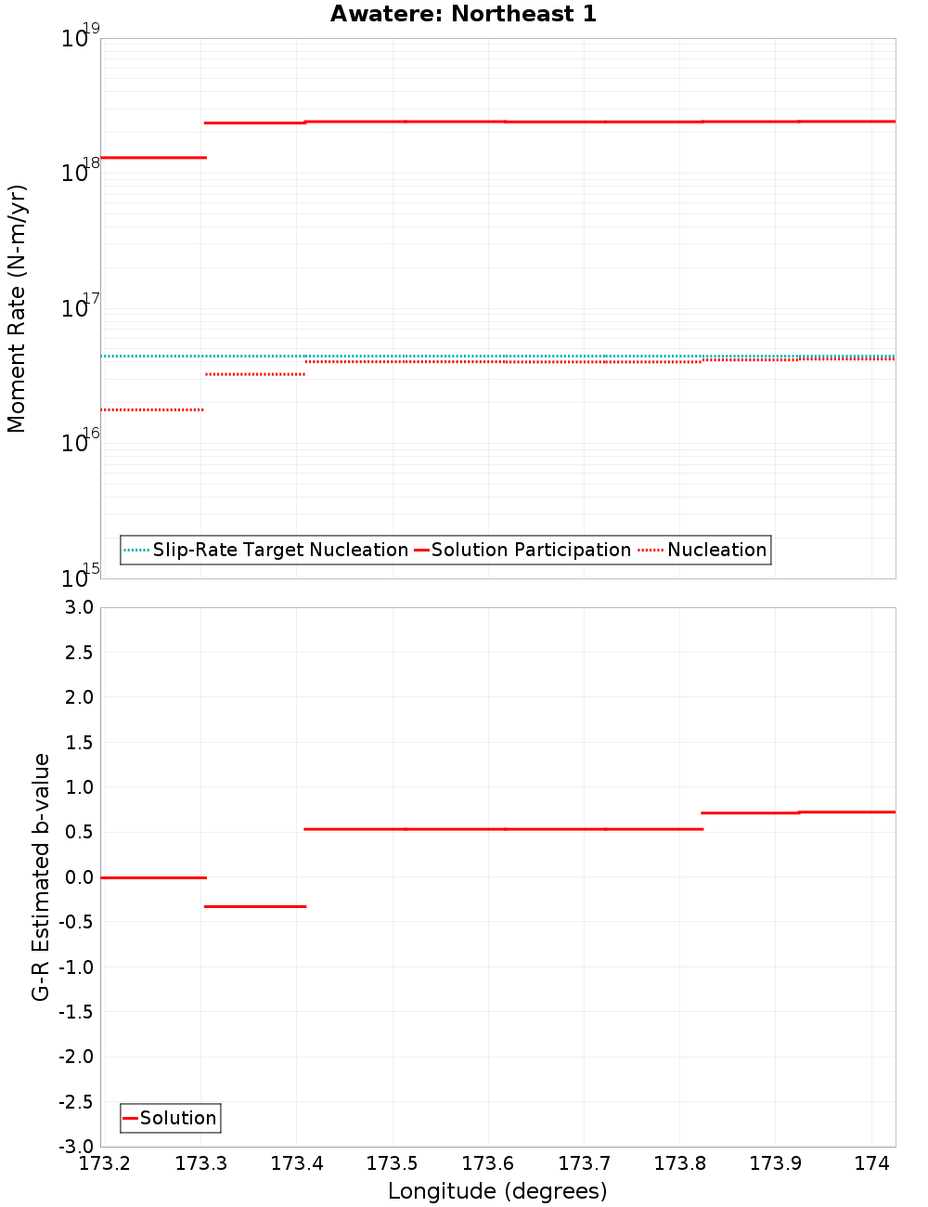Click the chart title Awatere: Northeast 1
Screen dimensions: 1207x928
tap(463, 14)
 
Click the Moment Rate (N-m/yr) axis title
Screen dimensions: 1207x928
tap(17, 308)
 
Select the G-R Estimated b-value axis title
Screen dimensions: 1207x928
tap(41, 876)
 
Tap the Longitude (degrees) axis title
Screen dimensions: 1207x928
tap(497, 1191)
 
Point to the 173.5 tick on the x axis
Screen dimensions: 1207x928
tap(393, 1163)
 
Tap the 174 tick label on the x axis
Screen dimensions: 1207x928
tap(871, 1163)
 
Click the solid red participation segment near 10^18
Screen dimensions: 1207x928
tap(153, 158)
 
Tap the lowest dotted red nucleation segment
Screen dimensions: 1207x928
tap(152, 409)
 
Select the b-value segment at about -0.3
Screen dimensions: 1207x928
tap(255, 906)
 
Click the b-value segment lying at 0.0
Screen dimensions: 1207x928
tap(153, 877)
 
